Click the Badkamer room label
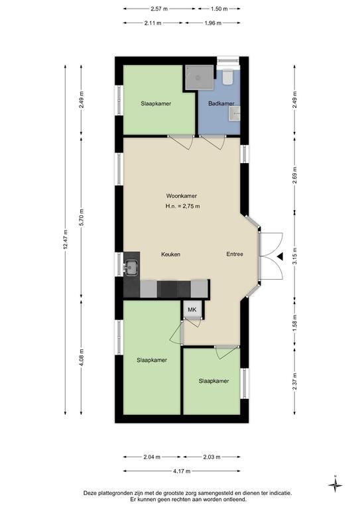[x=221, y=103]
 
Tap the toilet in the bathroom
[x=228, y=77]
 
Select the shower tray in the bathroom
[x=200, y=77]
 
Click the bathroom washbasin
[x=234, y=113]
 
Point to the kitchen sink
[x=131, y=268]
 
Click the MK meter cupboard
[x=192, y=310]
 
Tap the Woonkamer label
[x=182, y=196]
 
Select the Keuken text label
[x=171, y=254]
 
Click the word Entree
[x=235, y=254]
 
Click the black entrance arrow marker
[x=280, y=256]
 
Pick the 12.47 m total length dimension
[x=66, y=239]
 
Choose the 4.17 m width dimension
[x=182, y=471]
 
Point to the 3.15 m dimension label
[x=295, y=256]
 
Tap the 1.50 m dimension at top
[x=219, y=9]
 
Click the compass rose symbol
[x=335, y=485]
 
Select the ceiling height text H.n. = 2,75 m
[x=183, y=206]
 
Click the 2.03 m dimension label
[x=211, y=457]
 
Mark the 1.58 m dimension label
[x=295, y=323]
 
